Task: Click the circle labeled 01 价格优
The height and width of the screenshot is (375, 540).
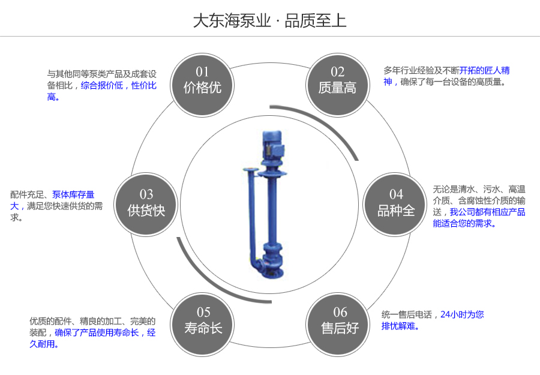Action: [203, 81]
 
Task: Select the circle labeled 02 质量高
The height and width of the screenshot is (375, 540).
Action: [337, 81]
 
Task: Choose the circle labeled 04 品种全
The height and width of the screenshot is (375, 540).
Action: [396, 203]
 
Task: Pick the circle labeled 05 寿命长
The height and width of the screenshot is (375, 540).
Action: [203, 320]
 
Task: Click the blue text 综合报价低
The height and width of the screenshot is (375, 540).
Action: [101, 85]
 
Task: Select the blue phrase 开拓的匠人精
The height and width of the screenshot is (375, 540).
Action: [485, 70]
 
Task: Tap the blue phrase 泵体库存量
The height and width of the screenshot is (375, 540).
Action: [73, 194]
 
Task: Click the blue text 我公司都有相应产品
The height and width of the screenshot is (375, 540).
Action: [487, 212]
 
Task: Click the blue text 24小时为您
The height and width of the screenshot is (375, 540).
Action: [462, 314]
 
